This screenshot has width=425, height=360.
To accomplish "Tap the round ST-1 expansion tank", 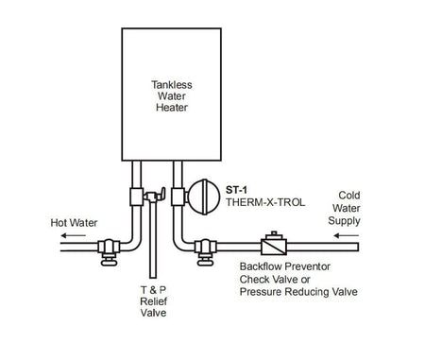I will click(x=200, y=197).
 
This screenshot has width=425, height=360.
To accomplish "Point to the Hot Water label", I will click(x=73, y=224).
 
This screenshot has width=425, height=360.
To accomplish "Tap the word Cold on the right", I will click(x=349, y=195).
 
